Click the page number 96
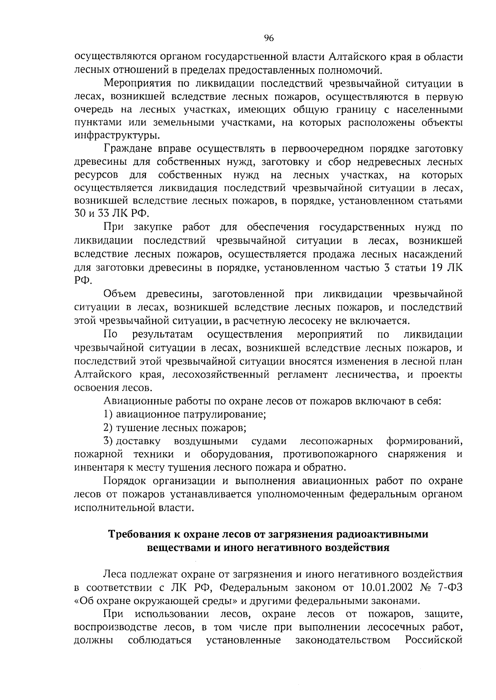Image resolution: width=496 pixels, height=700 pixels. pyautogui.click(x=269, y=38)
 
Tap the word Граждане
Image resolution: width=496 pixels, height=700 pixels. pyautogui.click(x=124, y=149)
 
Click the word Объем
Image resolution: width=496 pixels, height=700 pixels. pyautogui.click(x=120, y=294)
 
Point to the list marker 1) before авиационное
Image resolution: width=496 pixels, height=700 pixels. pyautogui.click(x=108, y=414)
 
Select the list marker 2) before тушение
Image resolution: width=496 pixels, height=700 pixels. pyautogui.click(x=108, y=427)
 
